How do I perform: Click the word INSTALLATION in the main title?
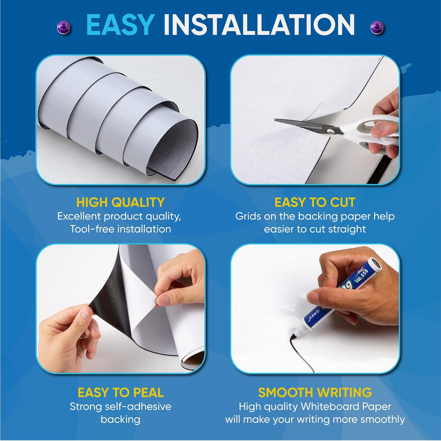click(259, 25)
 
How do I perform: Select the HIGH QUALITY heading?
click(120, 202)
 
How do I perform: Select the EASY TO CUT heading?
click(315, 202)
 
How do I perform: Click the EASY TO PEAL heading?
click(120, 392)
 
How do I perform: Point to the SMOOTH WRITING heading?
click(315, 392)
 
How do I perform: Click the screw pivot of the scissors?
click(331, 131)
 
